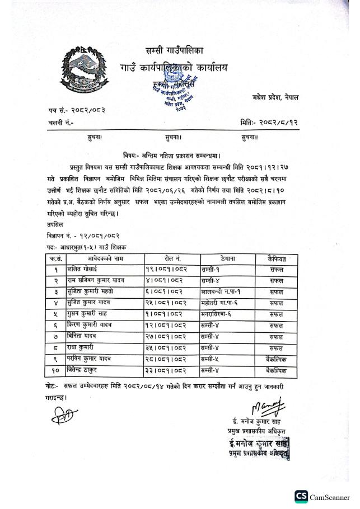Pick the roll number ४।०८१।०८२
click(164, 280)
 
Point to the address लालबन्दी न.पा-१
click(222, 291)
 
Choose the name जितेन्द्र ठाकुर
click(87, 370)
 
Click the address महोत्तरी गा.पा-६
click(223, 302)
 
